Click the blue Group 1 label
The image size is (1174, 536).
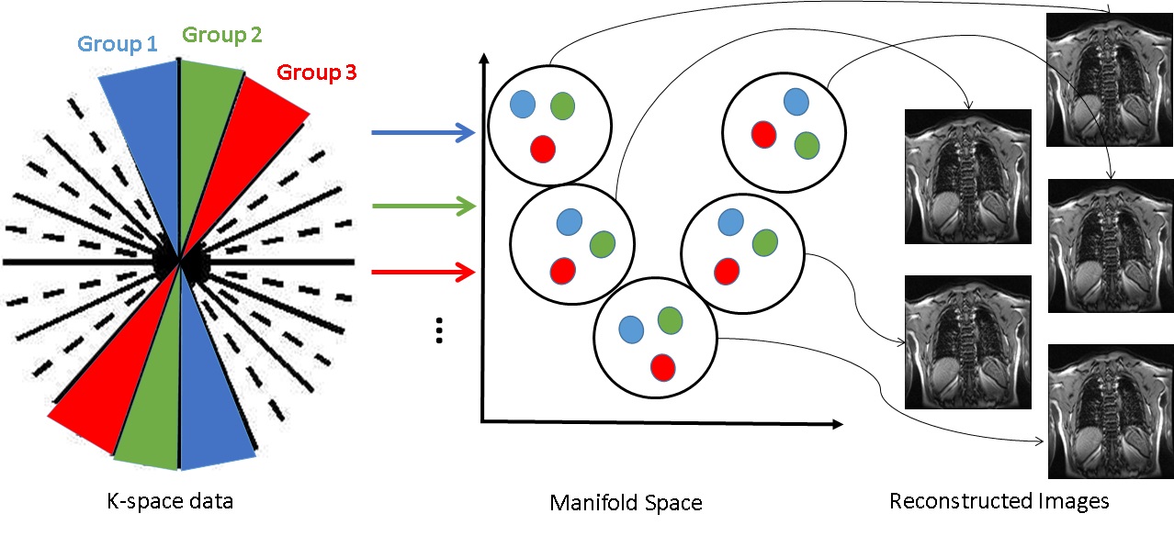click(118, 44)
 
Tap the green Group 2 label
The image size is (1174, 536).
click(221, 35)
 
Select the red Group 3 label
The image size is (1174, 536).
click(317, 73)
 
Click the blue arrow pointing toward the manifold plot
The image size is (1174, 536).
click(423, 132)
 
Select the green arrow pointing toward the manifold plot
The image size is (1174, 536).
click(424, 206)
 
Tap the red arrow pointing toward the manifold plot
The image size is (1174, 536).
click(423, 272)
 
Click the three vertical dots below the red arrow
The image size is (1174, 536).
click(439, 330)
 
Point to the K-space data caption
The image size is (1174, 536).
click(170, 501)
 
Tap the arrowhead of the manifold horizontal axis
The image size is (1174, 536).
click(838, 424)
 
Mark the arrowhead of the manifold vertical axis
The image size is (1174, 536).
click(484, 59)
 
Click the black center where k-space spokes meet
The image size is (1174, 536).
click(180, 262)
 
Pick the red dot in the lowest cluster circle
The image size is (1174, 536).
click(662, 367)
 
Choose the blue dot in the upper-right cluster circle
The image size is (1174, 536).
click(796, 102)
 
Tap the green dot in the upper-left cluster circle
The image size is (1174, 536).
click(562, 106)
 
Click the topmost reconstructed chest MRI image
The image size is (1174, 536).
click(1110, 80)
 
